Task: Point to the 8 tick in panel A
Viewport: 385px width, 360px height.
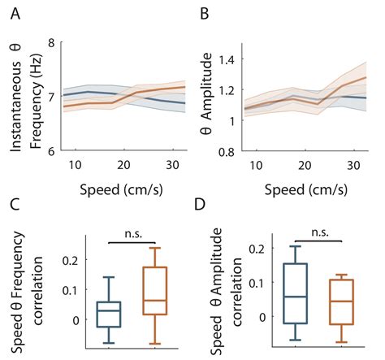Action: pyautogui.click(x=52, y=44)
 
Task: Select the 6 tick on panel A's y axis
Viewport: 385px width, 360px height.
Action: pyautogui.click(x=52, y=151)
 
